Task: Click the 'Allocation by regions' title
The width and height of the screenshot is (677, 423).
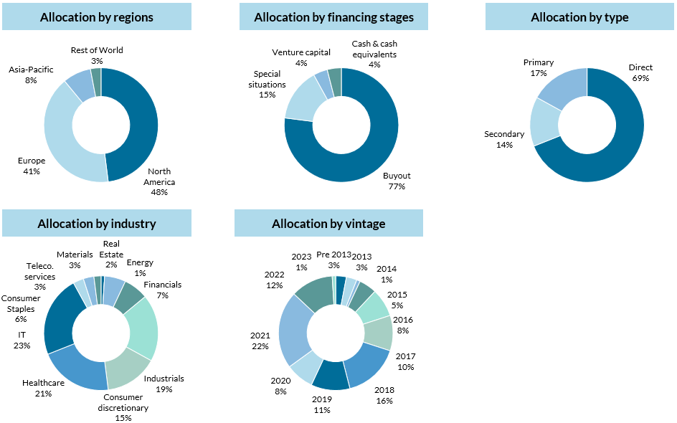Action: pyautogui.click(x=97, y=17)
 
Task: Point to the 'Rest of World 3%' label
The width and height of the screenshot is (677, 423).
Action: pyautogui.click(x=97, y=55)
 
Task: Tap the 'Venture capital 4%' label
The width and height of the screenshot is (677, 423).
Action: pyautogui.click(x=301, y=57)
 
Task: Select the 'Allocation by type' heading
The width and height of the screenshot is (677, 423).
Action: pyautogui.click(x=579, y=17)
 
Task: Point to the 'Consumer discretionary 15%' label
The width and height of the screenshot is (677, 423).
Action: pyautogui.click(x=123, y=408)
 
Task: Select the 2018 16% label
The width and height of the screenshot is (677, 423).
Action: pyautogui.click(x=384, y=395)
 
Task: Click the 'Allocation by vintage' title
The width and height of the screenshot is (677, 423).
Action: pyautogui.click(x=328, y=224)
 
